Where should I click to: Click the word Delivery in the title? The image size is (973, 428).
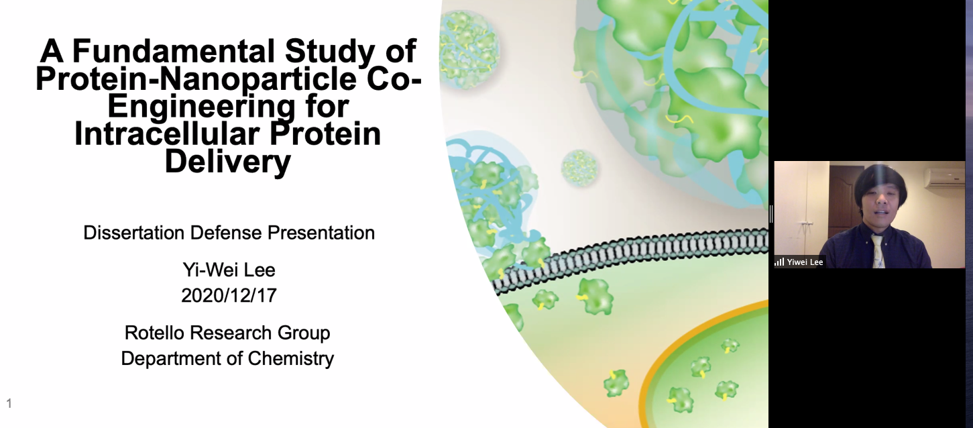(227, 162)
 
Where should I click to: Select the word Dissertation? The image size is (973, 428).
(134, 233)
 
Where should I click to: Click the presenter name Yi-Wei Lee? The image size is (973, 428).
(229, 270)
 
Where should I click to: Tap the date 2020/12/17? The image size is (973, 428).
(229, 295)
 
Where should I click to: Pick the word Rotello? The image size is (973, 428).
(154, 333)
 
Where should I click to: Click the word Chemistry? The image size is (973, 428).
(291, 359)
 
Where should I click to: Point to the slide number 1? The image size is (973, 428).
(9, 404)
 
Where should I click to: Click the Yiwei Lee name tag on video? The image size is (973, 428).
(805, 262)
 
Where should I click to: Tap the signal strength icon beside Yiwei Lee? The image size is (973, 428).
(779, 262)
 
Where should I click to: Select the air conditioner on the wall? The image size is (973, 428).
(944, 177)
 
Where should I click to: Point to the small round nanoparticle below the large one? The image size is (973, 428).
(579, 168)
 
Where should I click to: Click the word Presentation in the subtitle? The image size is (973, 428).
(321, 233)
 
